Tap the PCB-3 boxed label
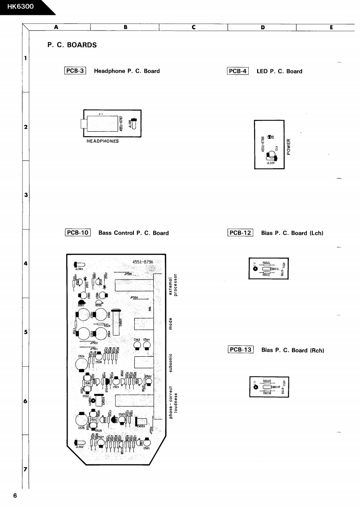coord(75,71)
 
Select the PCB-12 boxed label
coord(241,233)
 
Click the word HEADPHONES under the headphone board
coord(103,141)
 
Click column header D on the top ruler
coord(262,27)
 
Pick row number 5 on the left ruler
coord(26,332)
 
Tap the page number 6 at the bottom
coord(15,496)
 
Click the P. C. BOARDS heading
coord(72,45)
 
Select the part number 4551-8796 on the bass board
coord(143,262)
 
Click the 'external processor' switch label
coord(173,286)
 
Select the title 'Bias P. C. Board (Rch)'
coord(293,350)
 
